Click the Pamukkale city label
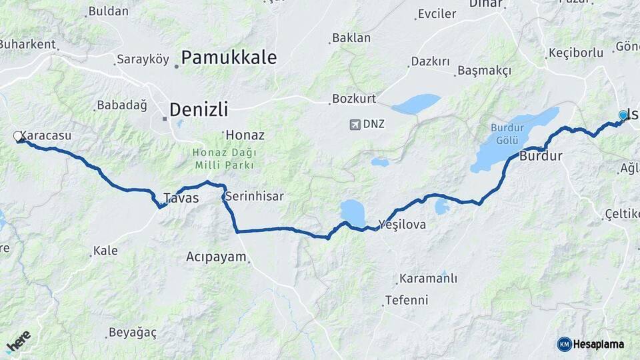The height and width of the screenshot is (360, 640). coord(229,57)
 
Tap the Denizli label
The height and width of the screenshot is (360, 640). coord(198,109)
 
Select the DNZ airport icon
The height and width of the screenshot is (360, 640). coord(354,124)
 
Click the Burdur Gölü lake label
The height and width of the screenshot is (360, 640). coord(504,133)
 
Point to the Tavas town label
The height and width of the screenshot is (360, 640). coord(181,198)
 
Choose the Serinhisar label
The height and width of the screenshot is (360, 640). coord(254,196)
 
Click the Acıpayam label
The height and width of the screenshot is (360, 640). coord(216,257)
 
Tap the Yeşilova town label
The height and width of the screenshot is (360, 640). coord(402,224)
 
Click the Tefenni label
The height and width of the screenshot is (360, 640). coord(406,300)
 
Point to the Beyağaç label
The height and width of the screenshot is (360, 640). coord(132,332)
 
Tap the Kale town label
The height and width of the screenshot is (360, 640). coord(105,251)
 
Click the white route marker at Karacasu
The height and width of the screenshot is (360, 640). coord(18,137)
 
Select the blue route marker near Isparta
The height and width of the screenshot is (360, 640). coord(623,115)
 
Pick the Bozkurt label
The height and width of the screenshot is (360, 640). coord(354,99)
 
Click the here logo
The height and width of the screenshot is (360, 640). coord(19,341)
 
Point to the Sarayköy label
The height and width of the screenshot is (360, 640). coord(143,59)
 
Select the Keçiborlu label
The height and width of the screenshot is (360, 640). coord(575,53)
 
